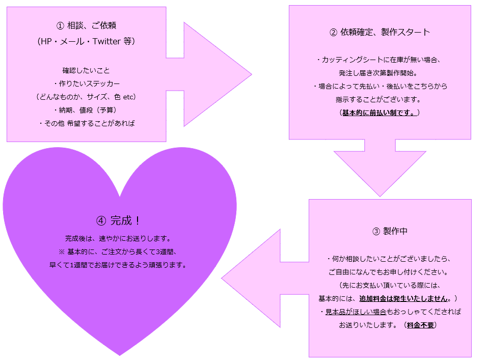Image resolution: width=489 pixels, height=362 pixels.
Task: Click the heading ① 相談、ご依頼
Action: click(86, 26)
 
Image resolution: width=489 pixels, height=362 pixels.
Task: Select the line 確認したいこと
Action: click(86, 70)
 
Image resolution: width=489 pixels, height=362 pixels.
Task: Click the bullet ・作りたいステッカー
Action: click(86, 83)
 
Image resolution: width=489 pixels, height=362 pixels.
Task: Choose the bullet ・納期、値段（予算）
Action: click(86, 110)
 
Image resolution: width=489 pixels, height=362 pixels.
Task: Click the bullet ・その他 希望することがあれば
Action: click(86, 123)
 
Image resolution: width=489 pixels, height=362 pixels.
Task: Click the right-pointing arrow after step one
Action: click(214, 74)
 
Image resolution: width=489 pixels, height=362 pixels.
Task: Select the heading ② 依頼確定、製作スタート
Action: click(379, 33)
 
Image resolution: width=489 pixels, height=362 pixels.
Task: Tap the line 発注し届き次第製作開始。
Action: click(379, 73)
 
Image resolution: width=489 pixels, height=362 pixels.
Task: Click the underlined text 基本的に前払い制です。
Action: click(379, 113)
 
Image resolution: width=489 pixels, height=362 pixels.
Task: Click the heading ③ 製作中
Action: click(390, 231)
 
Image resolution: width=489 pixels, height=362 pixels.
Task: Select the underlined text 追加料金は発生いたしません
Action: click(405, 298)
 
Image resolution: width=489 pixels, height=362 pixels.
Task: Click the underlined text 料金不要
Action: click(420, 324)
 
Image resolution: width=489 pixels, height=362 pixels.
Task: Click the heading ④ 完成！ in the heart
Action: click(118, 221)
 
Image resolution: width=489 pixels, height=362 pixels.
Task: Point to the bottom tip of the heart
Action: click(120, 354)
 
